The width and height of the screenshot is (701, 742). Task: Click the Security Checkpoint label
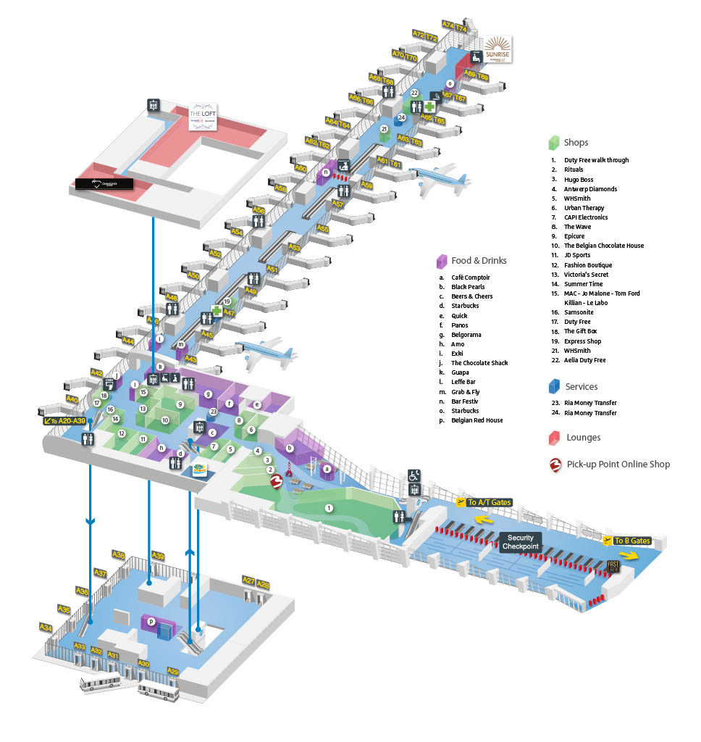[520, 542]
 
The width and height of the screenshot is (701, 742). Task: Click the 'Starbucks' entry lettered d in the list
[464, 306]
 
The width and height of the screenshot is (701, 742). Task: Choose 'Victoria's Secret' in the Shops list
[586, 275]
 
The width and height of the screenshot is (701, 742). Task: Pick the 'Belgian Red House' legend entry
[477, 420]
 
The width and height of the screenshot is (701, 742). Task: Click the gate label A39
[158, 556]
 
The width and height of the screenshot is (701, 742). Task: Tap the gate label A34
[46, 627]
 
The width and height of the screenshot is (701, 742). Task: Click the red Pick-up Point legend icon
[555, 464]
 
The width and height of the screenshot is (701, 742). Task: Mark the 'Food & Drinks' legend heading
[478, 261]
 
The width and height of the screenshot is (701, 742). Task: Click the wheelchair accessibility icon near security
[414, 475]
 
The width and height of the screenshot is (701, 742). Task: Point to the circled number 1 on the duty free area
[329, 509]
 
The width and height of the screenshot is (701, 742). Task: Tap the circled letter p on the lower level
[151, 621]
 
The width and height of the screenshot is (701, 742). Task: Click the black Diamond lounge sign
[104, 184]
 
